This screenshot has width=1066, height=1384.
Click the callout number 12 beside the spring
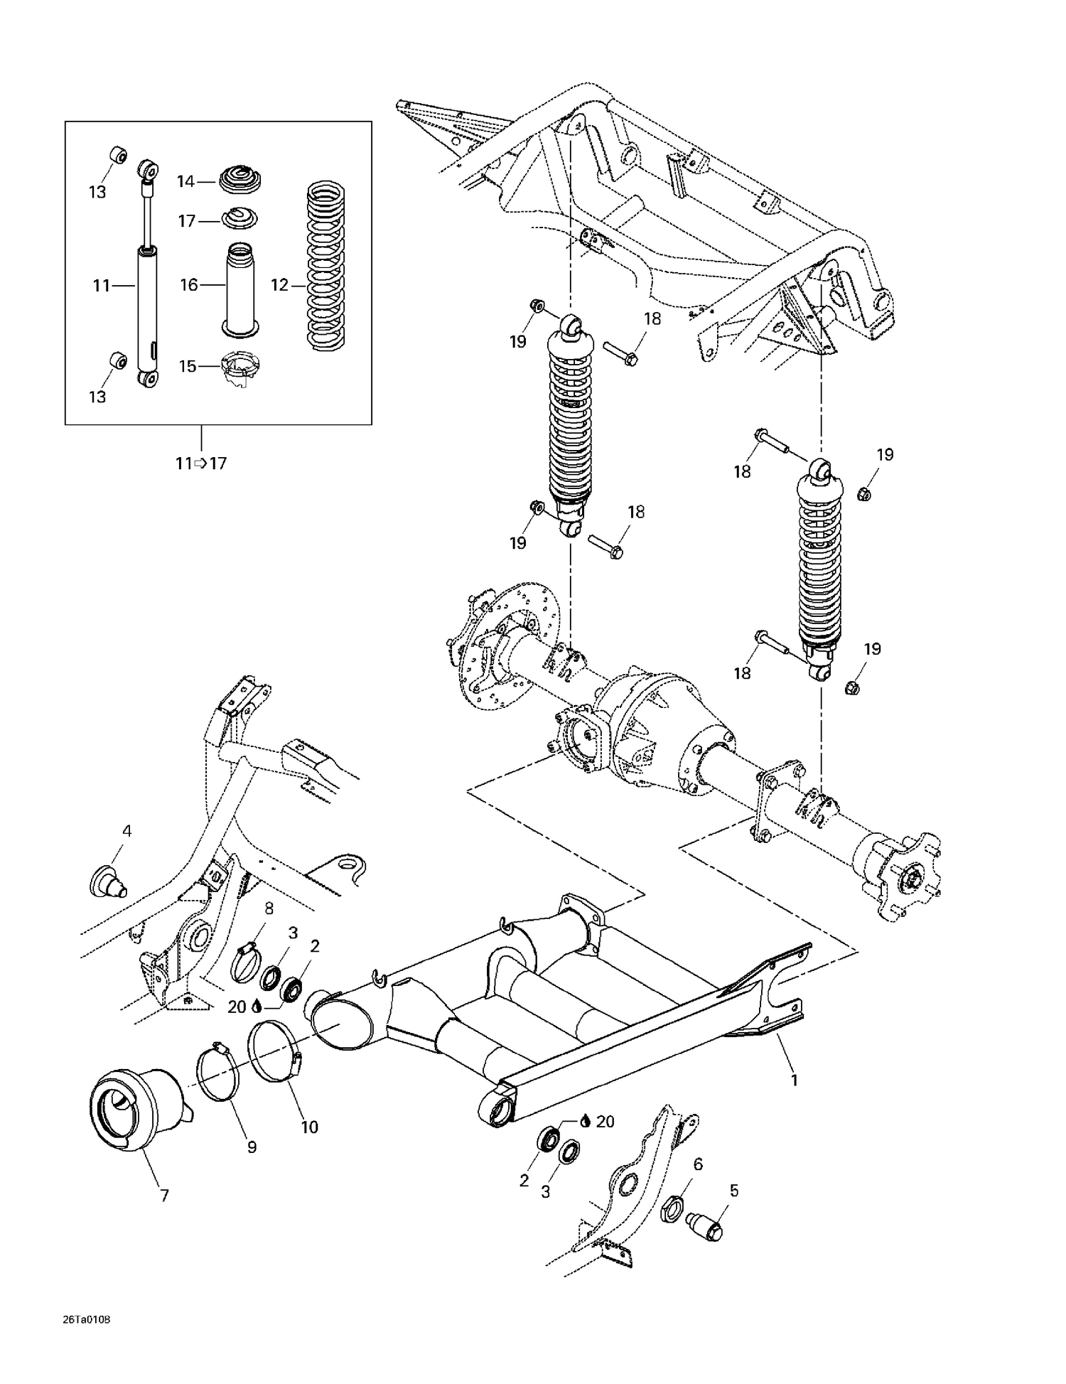279,285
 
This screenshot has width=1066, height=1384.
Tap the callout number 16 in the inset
188,285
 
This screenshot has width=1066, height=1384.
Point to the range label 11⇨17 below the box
201,463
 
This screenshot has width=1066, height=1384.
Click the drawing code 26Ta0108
86,1320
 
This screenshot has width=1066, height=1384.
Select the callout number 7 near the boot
164,1196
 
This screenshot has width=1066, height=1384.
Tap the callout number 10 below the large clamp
309,1127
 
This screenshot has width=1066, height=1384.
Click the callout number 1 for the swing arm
795,1080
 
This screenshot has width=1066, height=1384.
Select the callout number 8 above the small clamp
269,908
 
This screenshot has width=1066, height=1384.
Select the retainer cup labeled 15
240,368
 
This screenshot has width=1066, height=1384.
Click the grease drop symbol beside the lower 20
584,1121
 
